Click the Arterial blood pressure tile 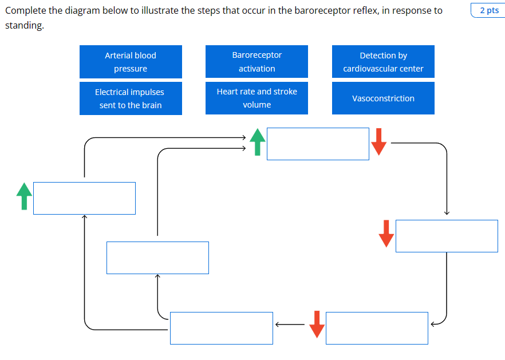(131, 62)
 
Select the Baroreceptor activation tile (257, 62)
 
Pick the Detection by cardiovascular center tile (383, 62)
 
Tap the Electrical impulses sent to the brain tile (131, 98)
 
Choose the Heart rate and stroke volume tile (257, 98)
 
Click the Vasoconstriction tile (383, 98)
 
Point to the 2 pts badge (488, 10)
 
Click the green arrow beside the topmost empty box (258, 142)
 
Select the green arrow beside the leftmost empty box (24, 196)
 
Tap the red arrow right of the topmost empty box (378, 141)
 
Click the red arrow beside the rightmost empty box (386, 233)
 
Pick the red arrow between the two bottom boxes (317, 325)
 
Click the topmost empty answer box (318, 144)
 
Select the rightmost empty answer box (447, 236)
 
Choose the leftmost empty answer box (84, 198)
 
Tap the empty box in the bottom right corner (377, 328)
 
